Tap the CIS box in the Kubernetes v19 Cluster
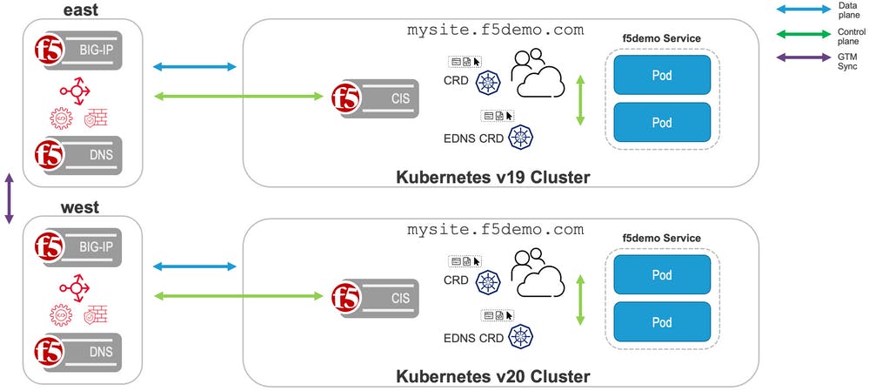383,96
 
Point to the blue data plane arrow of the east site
195,66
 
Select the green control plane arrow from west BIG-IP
195,296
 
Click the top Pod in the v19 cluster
662,75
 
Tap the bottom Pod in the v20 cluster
662,322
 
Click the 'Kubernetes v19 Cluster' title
493,178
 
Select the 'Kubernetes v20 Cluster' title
493,376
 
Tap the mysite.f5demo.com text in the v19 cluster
495,30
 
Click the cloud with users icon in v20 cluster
538,274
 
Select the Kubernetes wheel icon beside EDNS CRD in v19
520,136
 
